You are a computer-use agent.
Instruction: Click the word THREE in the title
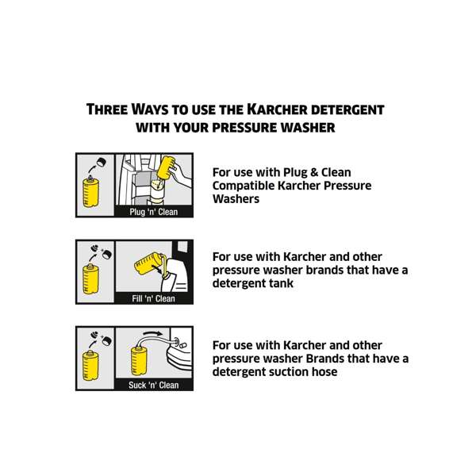pyautogui.click(x=109, y=109)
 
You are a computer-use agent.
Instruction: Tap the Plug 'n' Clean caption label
pyautogui.click(x=154, y=212)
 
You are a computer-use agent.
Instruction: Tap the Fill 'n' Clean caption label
pyautogui.click(x=154, y=298)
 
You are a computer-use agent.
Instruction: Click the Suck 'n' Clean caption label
pyautogui.click(x=154, y=385)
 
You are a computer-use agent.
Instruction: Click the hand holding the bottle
pyautogui.click(x=181, y=172)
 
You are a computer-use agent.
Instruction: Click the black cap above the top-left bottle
pyautogui.click(x=102, y=163)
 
